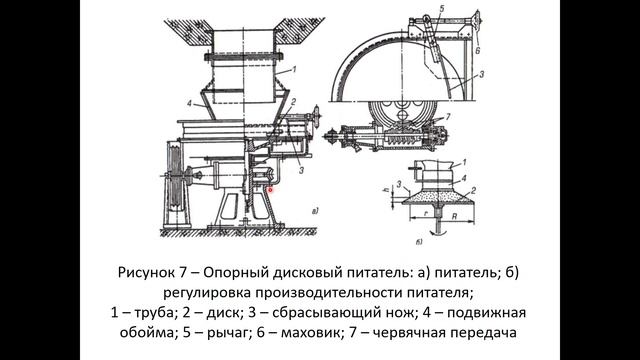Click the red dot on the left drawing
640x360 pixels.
tap(271, 186)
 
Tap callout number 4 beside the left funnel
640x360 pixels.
tap(189, 102)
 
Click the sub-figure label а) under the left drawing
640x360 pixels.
tap(316, 211)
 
